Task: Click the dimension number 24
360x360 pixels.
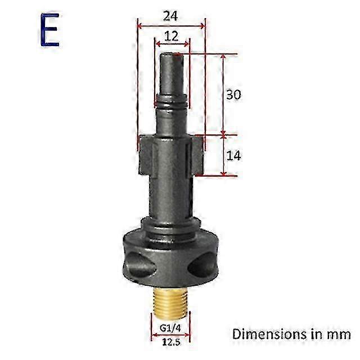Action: [x=171, y=16]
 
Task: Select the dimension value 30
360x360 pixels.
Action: [x=233, y=95]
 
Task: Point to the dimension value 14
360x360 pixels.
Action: [x=233, y=156]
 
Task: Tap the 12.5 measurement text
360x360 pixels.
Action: [x=170, y=341]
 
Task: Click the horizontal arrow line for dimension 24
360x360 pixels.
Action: [x=171, y=25]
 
